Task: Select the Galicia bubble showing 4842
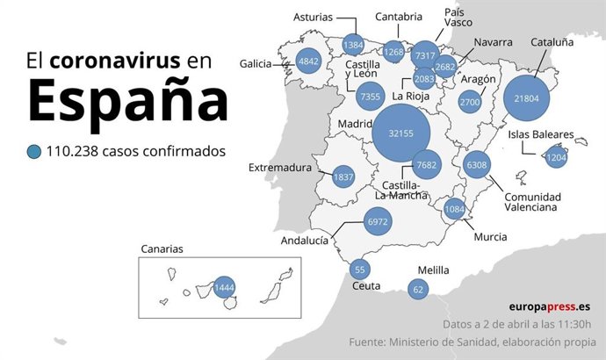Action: click(308, 61)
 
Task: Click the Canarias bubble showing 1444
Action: click(225, 287)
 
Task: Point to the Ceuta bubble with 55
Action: click(358, 270)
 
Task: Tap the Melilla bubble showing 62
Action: click(418, 288)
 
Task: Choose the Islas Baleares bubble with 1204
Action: click(556, 159)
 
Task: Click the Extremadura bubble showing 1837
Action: click(343, 176)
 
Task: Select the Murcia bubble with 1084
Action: click(454, 209)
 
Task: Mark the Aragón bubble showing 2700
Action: click(470, 103)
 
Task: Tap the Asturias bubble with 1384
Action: click(353, 45)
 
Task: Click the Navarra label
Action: click(493, 41)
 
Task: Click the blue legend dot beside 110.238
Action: click(34, 152)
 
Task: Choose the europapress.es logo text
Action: click(549, 306)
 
